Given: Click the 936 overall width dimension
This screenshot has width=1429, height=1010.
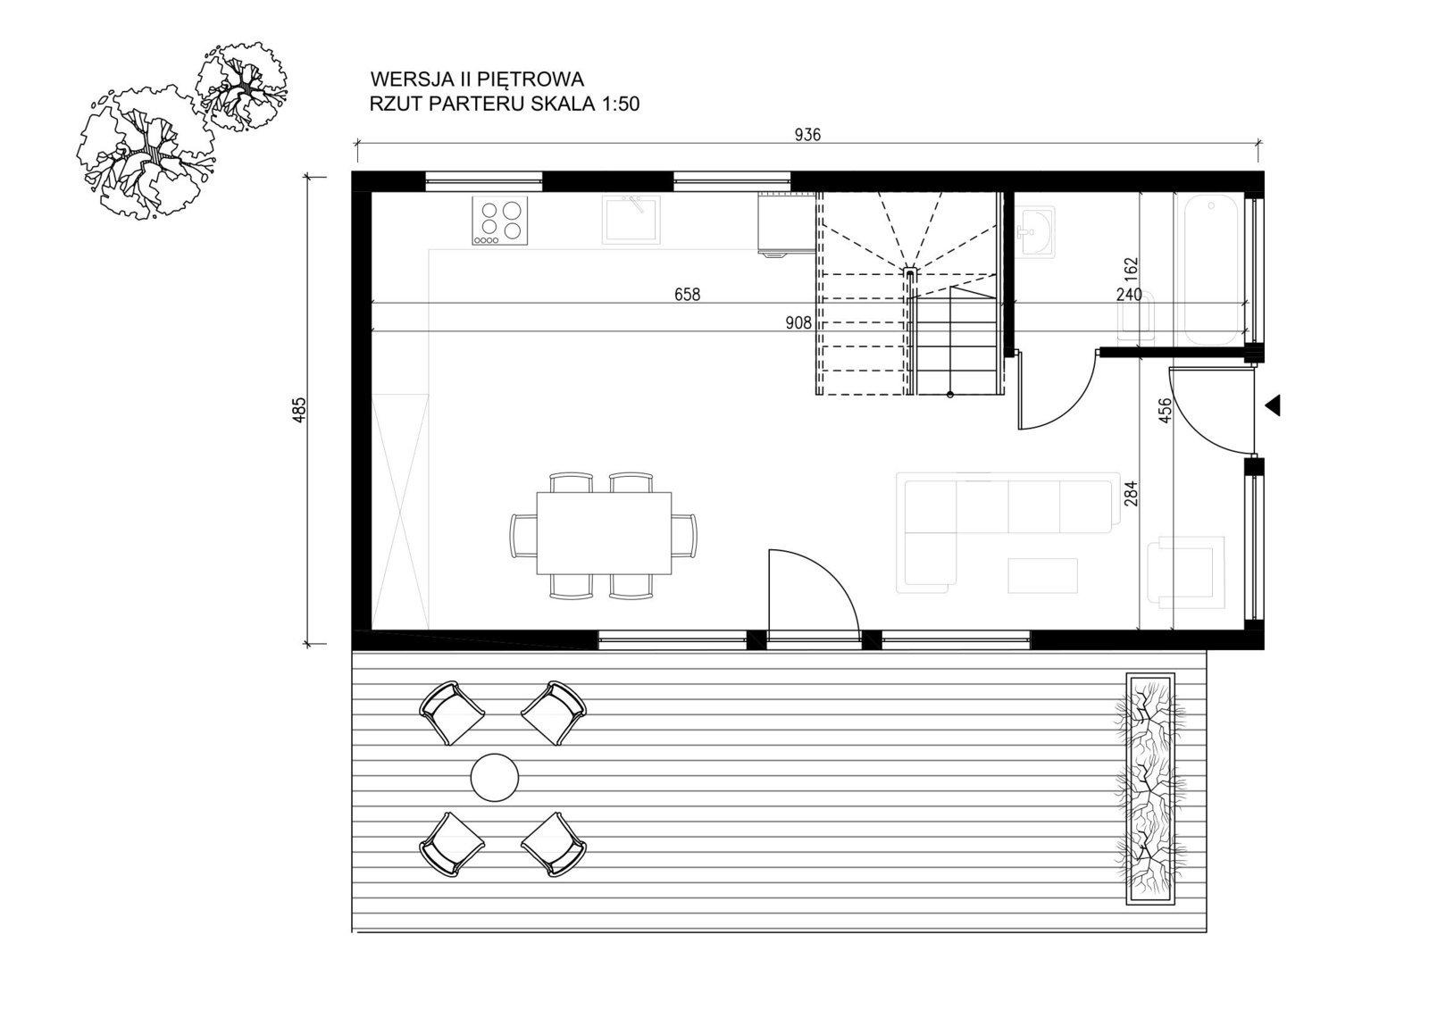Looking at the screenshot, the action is [x=807, y=135].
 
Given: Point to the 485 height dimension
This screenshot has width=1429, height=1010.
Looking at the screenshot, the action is [x=300, y=410].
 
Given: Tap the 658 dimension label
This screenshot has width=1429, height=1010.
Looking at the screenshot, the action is [x=687, y=294].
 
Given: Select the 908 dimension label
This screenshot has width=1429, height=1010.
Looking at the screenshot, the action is [x=798, y=323].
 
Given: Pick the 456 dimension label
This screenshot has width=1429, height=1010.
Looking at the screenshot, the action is [x=1165, y=411].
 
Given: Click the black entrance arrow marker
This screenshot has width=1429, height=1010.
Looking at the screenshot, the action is [x=1274, y=405].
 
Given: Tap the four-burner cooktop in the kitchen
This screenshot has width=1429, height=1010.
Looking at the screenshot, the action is [x=501, y=221].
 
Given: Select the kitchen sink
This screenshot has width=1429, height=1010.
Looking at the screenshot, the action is [x=631, y=220].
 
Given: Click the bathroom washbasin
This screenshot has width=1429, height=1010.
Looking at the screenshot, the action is [x=1034, y=232].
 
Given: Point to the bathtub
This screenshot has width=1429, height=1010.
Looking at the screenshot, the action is [x=1211, y=271].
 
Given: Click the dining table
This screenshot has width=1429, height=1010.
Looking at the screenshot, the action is [x=604, y=533].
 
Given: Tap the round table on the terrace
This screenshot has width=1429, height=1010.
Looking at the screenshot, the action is [x=495, y=777].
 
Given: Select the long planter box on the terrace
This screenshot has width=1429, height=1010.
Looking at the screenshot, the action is [x=1151, y=788].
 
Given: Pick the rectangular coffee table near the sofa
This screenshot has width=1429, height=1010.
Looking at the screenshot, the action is [x=1043, y=575].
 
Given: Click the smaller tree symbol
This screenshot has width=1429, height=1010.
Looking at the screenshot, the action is [x=240, y=88].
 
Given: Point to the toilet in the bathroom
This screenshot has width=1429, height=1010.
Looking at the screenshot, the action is [x=1137, y=316].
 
